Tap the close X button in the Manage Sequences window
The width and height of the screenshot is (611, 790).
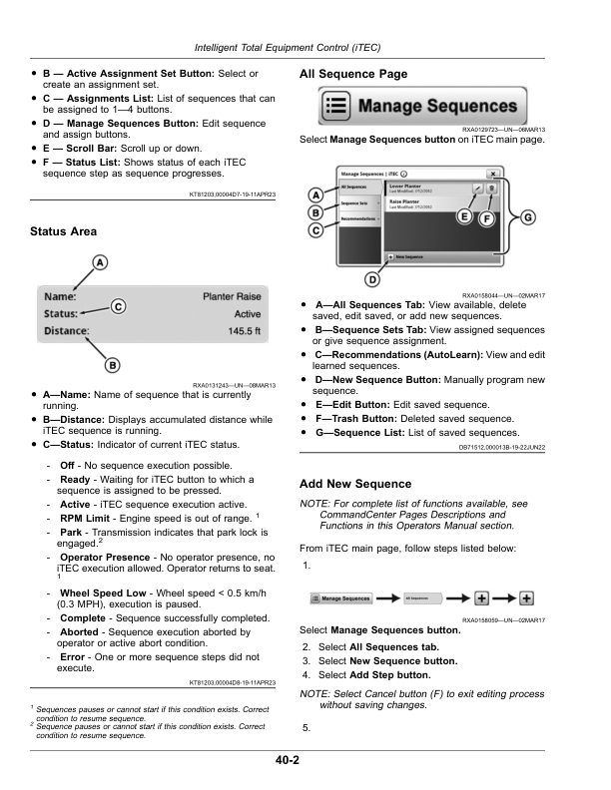coord(505,172)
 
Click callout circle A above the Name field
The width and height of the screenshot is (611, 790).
coord(99,262)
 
